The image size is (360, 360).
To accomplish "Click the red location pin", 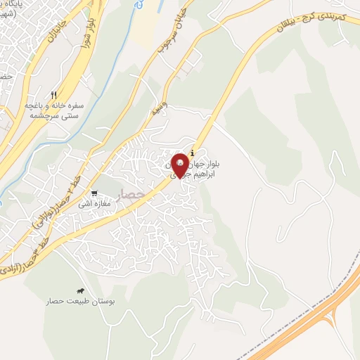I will [x=181, y=165].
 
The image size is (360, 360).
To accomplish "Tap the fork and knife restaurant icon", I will [x=54, y=95].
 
